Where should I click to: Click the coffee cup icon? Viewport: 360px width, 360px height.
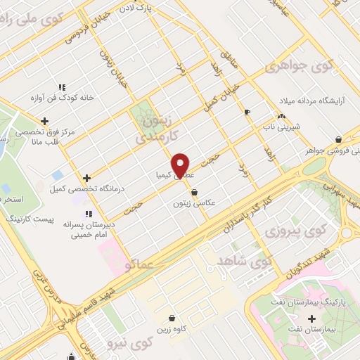(246, 112)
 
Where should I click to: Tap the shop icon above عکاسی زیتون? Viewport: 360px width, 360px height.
(194, 192)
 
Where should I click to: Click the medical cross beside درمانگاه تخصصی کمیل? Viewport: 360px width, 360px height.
(86, 179)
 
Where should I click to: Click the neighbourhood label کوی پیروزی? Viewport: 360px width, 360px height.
(290, 231)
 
